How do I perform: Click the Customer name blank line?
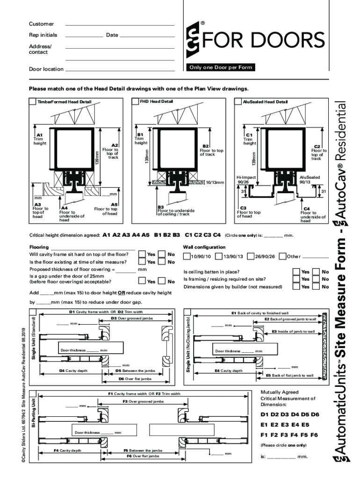[120, 25]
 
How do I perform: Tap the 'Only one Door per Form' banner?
[221, 67]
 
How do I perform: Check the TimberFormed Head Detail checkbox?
[32, 102]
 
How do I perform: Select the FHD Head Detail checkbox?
[135, 102]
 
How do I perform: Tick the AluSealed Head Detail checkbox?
[238, 102]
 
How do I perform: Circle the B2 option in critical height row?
[167, 235]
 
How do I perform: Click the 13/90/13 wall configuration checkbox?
[218, 256]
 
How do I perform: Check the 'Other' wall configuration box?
[282, 256]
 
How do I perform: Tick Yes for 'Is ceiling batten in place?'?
[296, 272]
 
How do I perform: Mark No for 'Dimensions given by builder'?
[316, 286]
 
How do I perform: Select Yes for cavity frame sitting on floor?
[142, 254]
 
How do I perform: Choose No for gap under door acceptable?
[162, 281]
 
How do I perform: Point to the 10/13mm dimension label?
[215, 183]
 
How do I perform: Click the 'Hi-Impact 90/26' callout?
[246, 180]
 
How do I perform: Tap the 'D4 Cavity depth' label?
[73, 370]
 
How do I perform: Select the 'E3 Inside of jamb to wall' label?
[293, 331]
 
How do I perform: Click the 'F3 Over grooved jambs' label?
[143, 401]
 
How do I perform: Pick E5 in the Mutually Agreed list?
[305, 425]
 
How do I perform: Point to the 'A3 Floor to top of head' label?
[41, 210]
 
